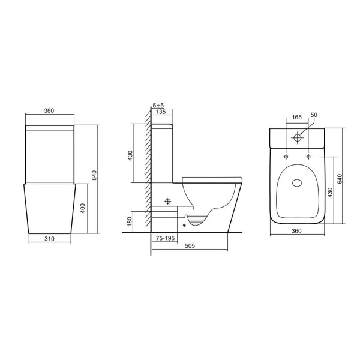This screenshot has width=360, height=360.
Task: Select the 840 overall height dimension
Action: (x=94, y=174)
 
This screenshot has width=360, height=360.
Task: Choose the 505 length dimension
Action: (x=190, y=246)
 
